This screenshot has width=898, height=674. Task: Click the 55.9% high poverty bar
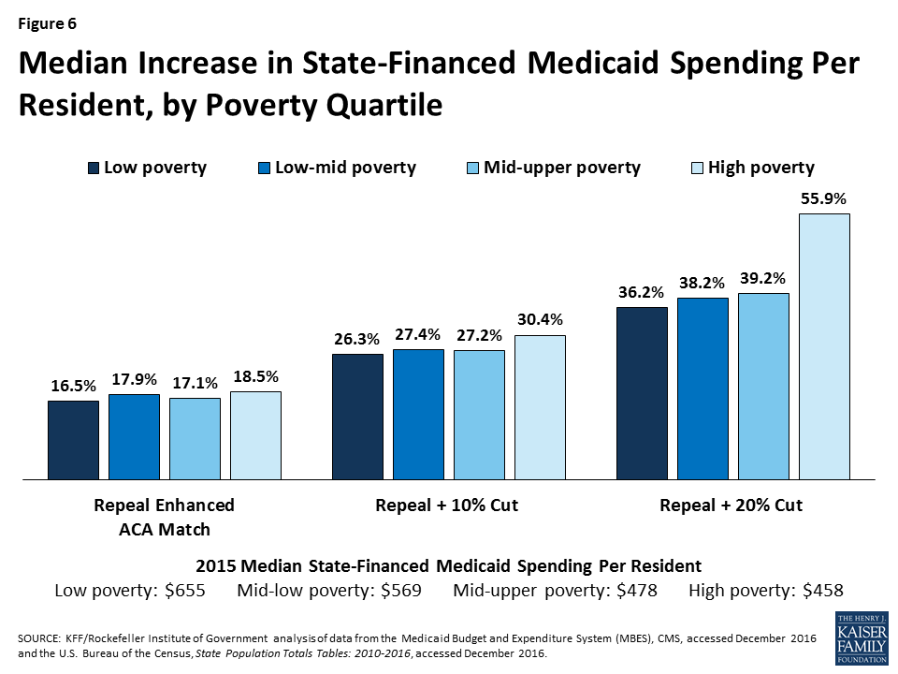click(x=824, y=346)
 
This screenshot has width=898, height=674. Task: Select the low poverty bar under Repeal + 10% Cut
click(x=357, y=417)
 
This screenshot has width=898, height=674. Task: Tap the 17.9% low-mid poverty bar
click(x=134, y=436)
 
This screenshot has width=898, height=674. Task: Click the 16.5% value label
click(x=73, y=386)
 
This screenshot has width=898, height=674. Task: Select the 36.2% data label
click(x=642, y=292)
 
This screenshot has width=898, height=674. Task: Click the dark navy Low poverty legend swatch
click(x=93, y=168)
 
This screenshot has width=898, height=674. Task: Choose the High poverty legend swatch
click(x=697, y=168)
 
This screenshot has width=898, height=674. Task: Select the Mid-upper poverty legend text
click(x=561, y=168)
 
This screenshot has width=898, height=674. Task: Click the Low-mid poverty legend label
click(x=351, y=168)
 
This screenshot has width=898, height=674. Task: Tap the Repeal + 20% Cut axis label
click(x=731, y=505)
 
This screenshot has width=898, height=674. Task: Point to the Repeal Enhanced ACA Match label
click(x=165, y=517)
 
